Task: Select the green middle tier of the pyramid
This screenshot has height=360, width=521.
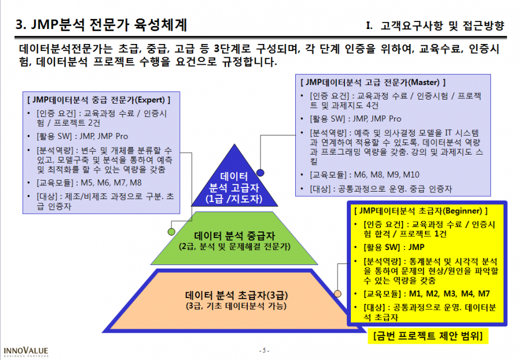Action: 234,238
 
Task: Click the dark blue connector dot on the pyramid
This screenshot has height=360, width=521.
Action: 260,172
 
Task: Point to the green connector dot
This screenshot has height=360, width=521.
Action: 171,232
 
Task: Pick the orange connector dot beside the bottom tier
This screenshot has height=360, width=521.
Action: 337,293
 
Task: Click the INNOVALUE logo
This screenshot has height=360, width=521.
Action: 26,352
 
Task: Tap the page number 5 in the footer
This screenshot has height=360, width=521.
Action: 264,350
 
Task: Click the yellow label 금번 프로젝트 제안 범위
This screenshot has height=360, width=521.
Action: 428,336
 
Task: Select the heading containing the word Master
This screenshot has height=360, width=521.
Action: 373,82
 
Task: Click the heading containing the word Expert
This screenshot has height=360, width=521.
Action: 98,100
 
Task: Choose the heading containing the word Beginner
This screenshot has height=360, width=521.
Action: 421,211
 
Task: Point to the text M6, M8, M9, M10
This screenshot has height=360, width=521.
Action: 387,175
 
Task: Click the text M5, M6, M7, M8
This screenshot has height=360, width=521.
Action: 111,183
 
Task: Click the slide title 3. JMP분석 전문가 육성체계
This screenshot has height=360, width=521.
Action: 101,25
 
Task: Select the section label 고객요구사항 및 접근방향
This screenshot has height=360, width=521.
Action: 442,25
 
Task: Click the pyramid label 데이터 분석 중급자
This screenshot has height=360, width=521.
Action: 234,236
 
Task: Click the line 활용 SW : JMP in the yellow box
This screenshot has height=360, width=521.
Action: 394,247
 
